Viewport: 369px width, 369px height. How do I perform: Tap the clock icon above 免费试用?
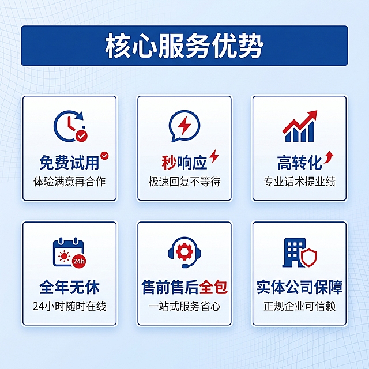(x=69, y=126)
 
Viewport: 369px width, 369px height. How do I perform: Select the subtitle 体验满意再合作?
(x=69, y=182)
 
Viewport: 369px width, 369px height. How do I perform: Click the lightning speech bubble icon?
(x=184, y=126)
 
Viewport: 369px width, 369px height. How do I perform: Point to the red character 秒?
(x=168, y=162)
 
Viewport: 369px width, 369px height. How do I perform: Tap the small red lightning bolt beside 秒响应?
(x=214, y=156)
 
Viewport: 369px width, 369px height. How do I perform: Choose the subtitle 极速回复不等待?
(x=184, y=182)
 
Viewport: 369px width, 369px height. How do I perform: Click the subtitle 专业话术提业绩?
(x=300, y=182)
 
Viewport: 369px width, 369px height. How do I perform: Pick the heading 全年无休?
(x=69, y=287)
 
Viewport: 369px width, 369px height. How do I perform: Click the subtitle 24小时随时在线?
(x=69, y=306)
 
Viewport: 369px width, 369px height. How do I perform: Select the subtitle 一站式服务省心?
(x=184, y=306)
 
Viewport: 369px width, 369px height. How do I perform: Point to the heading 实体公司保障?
(x=300, y=287)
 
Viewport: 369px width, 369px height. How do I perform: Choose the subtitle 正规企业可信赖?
(x=300, y=306)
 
